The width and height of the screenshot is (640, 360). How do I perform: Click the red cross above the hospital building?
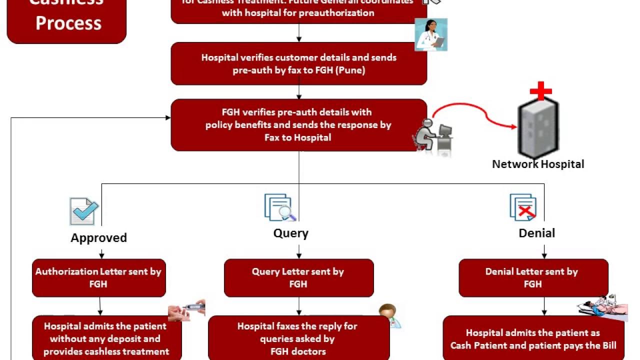pyautogui.click(x=540, y=92)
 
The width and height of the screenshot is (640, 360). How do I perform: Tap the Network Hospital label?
pyautogui.click(x=538, y=164)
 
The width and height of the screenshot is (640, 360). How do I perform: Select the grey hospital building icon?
pyautogui.click(x=538, y=128)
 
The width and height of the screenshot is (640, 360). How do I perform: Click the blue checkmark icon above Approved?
pyautogui.click(x=83, y=210)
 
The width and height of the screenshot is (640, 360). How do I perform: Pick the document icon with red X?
pyautogui.click(x=523, y=207)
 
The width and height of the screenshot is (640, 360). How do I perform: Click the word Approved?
pyautogui.click(x=98, y=237)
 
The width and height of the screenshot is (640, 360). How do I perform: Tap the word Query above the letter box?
pyautogui.click(x=290, y=233)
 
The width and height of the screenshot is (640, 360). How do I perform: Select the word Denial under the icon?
pyautogui.click(x=536, y=233)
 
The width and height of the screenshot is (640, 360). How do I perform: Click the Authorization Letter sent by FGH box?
pyautogui.click(x=98, y=277)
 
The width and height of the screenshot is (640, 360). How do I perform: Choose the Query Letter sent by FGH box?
pyautogui.click(x=298, y=277)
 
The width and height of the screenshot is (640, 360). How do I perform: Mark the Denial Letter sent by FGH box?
pyautogui.click(x=533, y=277)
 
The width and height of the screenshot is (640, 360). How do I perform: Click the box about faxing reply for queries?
pyautogui.click(x=298, y=338)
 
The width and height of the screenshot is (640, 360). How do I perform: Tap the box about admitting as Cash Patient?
pyautogui.click(x=533, y=338)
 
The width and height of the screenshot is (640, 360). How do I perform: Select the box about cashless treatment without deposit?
pyautogui.click(x=106, y=338)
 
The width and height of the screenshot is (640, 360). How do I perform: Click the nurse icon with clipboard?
pyautogui.click(x=431, y=34)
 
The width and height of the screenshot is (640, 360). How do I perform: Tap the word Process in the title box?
pyautogui.click(x=68, y=23)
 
